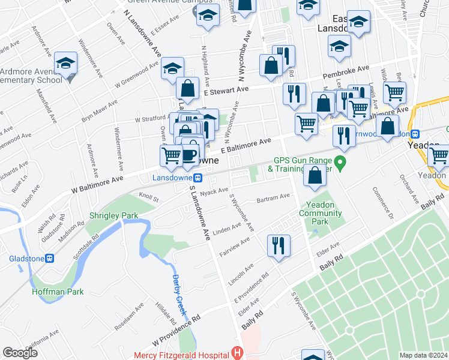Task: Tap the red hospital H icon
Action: (x=238, y=353)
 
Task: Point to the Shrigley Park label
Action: (x=113, y=215)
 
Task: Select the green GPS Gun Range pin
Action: (x=340, y=162)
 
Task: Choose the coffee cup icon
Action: (x=190, y=155)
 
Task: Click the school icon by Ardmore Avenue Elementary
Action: (x=65, y=62)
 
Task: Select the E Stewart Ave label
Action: (x=226, y=90)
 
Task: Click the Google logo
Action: (x=20, y=353)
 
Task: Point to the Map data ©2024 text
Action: (x=424, y=355)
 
